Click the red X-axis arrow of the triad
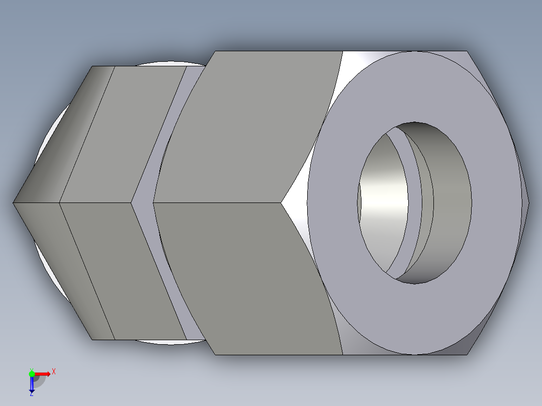[43, 373]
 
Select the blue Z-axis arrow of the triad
[32, 384]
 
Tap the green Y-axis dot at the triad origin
[32, 373]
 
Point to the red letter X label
[53, 371]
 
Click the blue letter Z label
[31, 394]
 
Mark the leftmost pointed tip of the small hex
[14, 202]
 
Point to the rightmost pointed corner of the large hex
[528, 202]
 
